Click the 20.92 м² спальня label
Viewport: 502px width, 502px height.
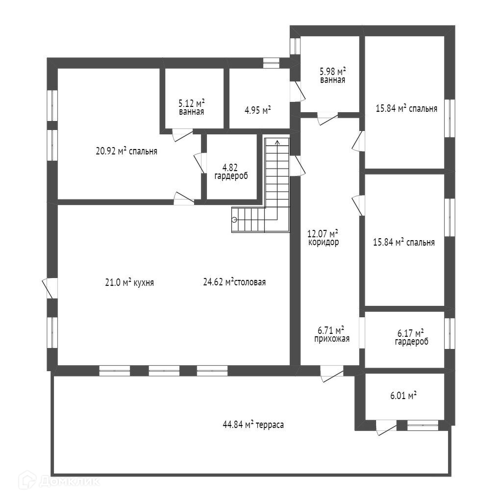[126, 151]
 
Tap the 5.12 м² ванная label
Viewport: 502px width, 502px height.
[191, 107]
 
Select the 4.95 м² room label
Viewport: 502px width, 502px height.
[258, 110]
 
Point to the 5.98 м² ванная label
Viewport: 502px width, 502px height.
[332, 75]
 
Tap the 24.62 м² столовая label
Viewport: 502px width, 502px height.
[234, 282]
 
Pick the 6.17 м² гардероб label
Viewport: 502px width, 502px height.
[411, 337]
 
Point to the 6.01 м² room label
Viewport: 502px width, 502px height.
[403, 395]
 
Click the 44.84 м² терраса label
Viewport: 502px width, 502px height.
[253, 425]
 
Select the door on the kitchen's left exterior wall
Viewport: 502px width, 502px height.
[50, 287]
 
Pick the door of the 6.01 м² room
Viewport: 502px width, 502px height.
[385, 427]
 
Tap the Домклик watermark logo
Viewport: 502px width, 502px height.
[59, 481]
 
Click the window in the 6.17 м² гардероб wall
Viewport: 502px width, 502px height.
[450, 333]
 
